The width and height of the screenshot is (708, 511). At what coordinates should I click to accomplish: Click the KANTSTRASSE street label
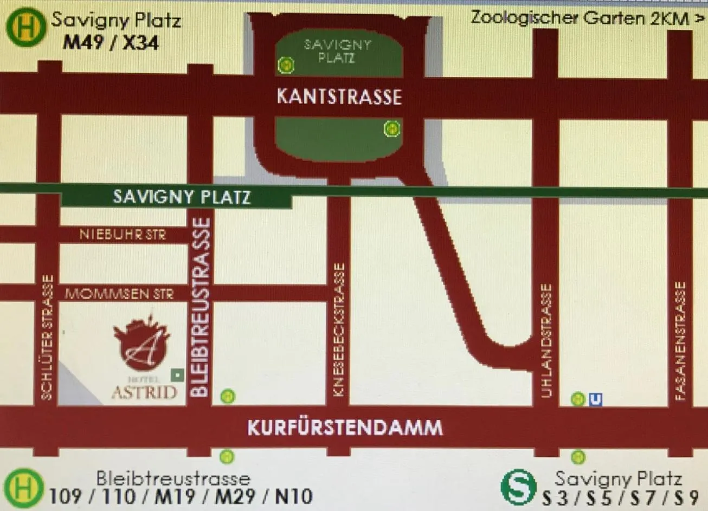tap(339, 97)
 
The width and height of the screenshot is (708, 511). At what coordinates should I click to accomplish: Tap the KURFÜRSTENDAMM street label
tap(345, 428)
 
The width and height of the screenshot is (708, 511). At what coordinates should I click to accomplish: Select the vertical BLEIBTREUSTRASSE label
tap(201, 307)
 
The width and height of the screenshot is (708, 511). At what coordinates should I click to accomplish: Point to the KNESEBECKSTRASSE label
tap(339, 330)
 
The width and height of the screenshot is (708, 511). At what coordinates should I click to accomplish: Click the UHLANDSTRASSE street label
tap(546, 340)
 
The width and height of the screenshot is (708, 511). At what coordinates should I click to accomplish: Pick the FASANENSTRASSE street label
tap(680, 341)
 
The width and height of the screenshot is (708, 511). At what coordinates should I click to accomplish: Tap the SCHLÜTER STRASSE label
tap(48, 338)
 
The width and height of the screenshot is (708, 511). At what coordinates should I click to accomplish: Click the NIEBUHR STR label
tap(123, 235)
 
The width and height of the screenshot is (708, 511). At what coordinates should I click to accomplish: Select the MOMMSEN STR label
tap(119, 294)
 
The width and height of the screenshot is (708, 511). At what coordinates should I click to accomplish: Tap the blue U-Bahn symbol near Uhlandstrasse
tap(595, 399)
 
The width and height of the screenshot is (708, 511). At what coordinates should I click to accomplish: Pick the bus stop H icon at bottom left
tap(24, 487)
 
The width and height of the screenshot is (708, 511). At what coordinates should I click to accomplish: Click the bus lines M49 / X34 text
tap(111, 42)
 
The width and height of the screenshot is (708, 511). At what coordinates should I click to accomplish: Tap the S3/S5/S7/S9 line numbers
tap(620, 497)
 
